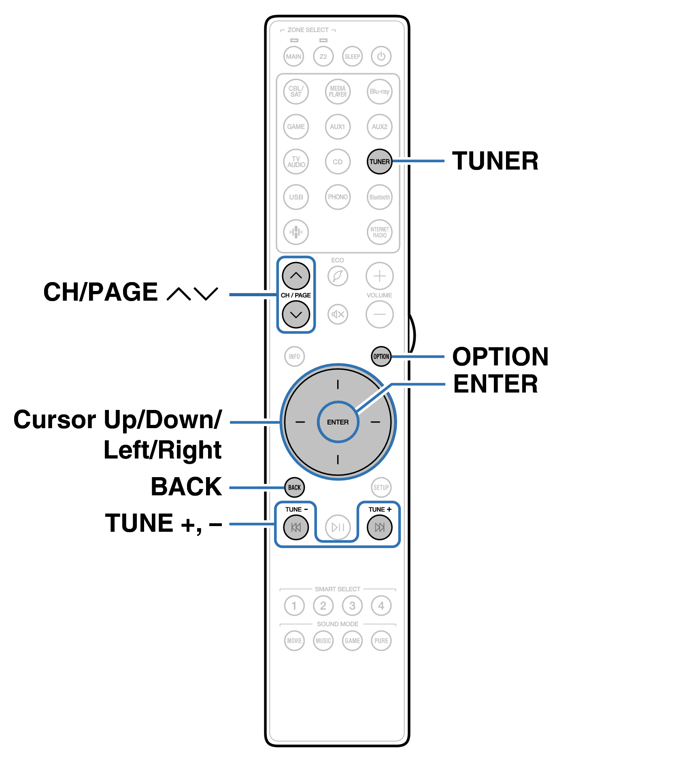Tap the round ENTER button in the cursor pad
[338, 422]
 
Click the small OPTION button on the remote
[381, 356]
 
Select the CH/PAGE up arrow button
[296, 276]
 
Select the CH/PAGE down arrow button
[296, 314]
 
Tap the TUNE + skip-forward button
[379, 527]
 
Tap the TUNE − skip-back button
[296, 527]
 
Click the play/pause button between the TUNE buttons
[338, 527]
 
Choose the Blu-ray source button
[379, 91]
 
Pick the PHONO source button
[338, 197]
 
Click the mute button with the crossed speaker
[338, 314]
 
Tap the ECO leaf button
[338, 276]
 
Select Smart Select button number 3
[352, 605]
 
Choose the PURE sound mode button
[381, 641]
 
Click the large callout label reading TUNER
[495, 161]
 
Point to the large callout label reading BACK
[186, 486]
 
